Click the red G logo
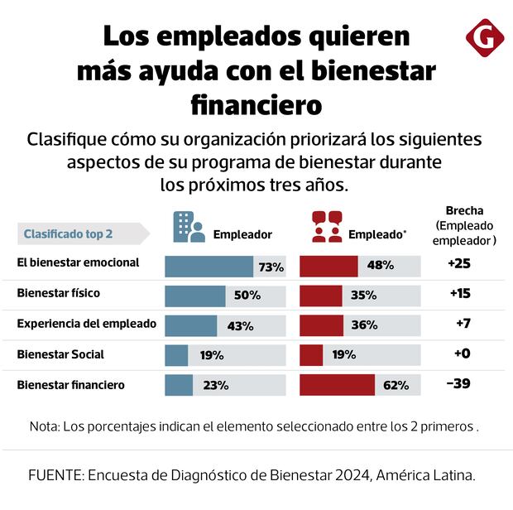480,39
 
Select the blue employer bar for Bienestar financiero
179,385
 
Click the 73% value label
271,267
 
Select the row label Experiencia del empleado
86,325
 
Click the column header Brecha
464,210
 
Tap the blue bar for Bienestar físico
195,296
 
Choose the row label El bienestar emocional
78,264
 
